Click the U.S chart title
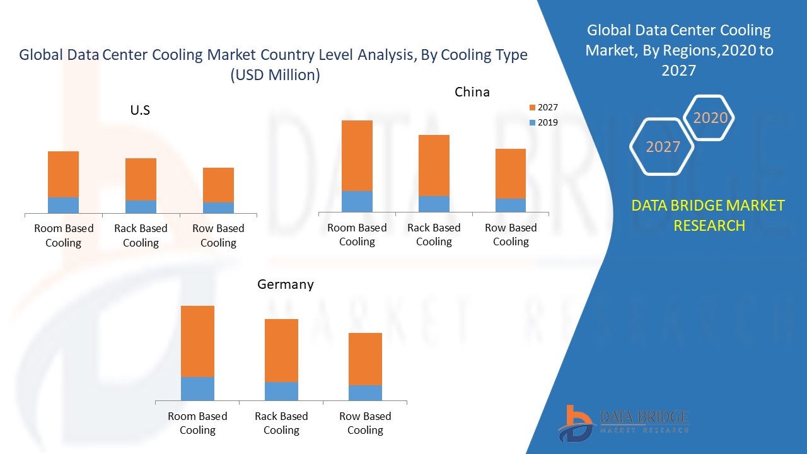click(x=140, y=110)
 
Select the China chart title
click(x=472, y=92)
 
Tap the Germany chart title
click(x=285, y=284)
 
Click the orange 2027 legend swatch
click(x=533, y=108)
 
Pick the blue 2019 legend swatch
click(x=533, y=122)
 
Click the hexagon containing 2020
click(x=710, y=118)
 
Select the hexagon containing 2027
click(x=663, y=147)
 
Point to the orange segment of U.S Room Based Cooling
click(x=64, y=174)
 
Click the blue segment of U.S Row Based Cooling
click(x=218, y=207)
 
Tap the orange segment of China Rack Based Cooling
click(x=434, y=165)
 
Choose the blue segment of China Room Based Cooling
click(x=357, y=201)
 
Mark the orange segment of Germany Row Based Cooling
click(x=365, y=359)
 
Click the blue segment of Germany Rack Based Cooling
click(x=281, y=391)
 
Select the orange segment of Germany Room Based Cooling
click(x=197, y=341)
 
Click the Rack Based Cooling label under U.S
click(x=141, y=235)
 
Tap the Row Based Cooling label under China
click(x=511, y=235)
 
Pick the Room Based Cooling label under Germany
click(x=197, y=423)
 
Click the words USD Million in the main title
click(x=275, y=75)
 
